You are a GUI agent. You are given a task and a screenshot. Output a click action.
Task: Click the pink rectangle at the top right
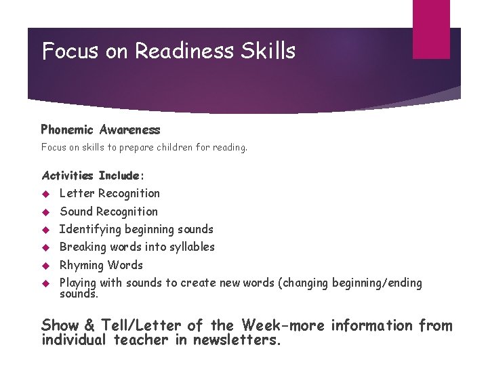tap(431, 29)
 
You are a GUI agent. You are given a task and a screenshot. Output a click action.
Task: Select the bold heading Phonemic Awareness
tap(100, 129)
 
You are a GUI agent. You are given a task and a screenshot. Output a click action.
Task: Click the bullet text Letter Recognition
tap(110, 194)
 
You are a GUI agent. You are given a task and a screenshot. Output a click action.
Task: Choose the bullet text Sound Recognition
tap(108, 211)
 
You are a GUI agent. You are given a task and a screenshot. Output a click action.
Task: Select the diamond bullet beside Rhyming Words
tap(47, 266)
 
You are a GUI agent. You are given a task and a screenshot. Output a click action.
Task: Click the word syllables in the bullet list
tap(190, 247)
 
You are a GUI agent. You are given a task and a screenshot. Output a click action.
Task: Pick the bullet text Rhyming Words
tap(101, 265)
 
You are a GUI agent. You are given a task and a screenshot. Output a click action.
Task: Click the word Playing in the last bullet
tap(79, 283)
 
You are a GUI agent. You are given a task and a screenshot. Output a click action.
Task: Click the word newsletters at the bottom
tap(237, 340)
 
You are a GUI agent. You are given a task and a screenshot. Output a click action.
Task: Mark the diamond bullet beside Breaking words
tap(47, 247)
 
